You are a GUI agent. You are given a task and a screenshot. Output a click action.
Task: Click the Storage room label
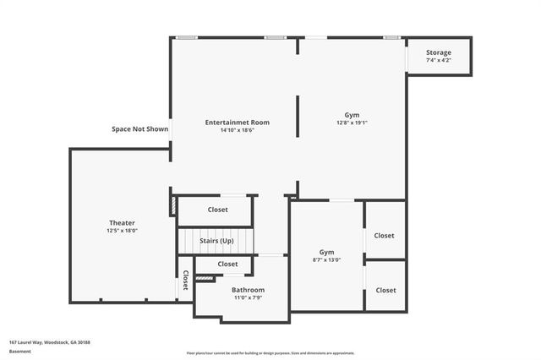[438, 52]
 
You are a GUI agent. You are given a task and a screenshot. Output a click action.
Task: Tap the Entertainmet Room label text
[237, 123]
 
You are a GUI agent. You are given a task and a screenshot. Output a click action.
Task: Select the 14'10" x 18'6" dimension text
[237, 130]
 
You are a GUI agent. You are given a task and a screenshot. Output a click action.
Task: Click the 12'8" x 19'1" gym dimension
[352, 123]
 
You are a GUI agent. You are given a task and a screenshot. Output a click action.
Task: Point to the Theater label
[122, 222]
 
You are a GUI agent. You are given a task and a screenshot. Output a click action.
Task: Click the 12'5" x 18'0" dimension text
[122, 230]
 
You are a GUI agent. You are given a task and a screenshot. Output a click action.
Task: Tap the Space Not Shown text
[140, 129]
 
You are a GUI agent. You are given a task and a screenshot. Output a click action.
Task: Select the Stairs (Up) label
[216, 241]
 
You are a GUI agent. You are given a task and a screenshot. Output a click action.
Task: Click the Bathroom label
[249, 290]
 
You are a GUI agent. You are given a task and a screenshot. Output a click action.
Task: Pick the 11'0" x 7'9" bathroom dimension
[249, 297]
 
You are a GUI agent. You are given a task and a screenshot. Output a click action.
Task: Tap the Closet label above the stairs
[217, 210]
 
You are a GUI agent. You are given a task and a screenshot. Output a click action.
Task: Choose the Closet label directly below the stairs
[227, 264]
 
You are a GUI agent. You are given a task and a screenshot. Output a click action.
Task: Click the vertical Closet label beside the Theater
[186, 280]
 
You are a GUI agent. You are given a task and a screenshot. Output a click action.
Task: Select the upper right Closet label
[385, 236]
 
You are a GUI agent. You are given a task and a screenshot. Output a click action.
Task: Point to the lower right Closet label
[385, 290]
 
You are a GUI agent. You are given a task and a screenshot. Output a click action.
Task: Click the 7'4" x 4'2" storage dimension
[438, 60]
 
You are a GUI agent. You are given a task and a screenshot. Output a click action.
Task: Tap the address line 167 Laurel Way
[50, 342]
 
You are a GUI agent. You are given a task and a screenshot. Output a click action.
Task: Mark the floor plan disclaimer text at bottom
[270, 352]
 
